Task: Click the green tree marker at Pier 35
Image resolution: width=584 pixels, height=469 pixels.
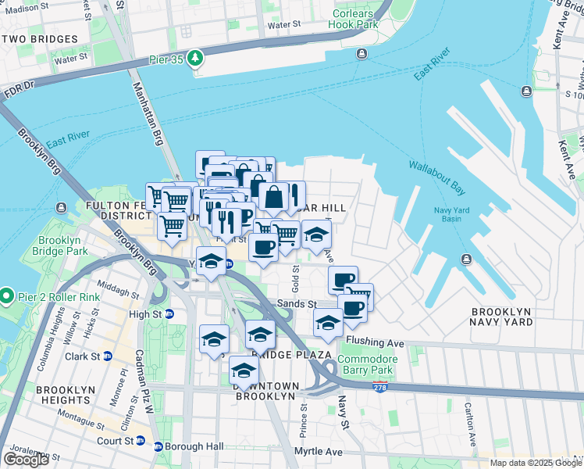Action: pyautogui.click(x=195, y=59)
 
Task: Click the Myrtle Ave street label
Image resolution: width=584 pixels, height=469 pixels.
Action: pyautogui.click(x=318, y=452)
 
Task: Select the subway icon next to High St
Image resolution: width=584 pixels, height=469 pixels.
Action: pyautogui.click(x=169, y=314)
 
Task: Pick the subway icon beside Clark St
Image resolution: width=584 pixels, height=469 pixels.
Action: pyautogui.click(x=108, y=356)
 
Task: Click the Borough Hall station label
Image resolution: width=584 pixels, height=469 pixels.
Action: pyautogui.click(x=194, y=446)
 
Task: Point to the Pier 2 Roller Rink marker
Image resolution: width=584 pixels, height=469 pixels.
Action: pyautogui.click(x=8, y=295)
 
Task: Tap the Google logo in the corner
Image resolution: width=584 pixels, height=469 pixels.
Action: pyautogui.click(x=26, y=459)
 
